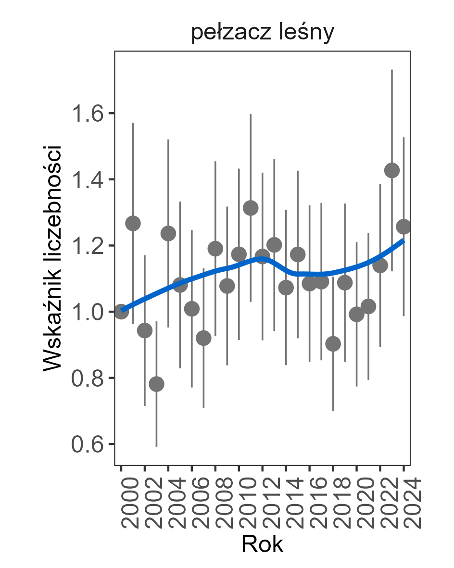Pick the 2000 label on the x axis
click(x=122, y=503)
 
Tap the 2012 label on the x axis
click(x=263, y=503)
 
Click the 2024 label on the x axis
click(x=404, y=503)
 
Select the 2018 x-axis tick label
click(x=333, y=503)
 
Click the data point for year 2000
click(x=121, y=312)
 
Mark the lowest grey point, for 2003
click(x=156, y=384)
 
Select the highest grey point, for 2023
click(x=392, y=171)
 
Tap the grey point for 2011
click(x=251, y=208)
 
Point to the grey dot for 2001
click(x=133, y=224)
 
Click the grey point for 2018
click(x=333, y=344)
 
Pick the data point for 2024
click(x=404, y=227)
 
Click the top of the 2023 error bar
click(x=392, y=70)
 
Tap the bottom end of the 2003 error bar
click(x=156, y=446)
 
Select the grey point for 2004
click(x=168, y=234)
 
